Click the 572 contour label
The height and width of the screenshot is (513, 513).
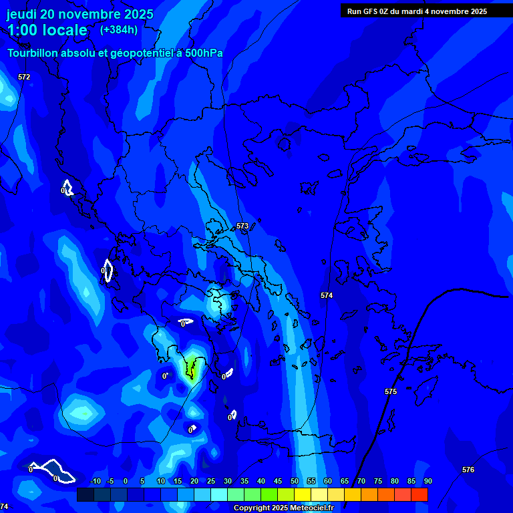click(24, 77)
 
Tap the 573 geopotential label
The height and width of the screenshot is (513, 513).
click(242, 226)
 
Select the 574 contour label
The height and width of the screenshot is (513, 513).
click(326, 295)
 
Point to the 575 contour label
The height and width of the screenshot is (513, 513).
click(391, 391)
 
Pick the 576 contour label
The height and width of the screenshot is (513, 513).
click(468, 470)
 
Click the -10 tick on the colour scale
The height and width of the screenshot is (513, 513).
click(95, 482)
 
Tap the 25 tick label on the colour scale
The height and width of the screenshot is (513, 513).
click(211, 482)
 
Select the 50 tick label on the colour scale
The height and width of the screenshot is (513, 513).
click(295, 482)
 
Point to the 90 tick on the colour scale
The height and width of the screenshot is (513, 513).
click(427, 482)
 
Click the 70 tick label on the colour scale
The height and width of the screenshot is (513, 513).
click(361, 482)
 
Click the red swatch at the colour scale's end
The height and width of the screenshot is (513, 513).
click(419, 494)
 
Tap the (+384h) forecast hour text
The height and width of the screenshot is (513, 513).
click(119, 29)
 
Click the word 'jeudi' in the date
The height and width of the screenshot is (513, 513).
click(21, 14)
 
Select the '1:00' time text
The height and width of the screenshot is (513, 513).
click(21, 30)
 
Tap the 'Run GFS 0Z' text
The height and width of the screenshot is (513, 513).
click(369, 11)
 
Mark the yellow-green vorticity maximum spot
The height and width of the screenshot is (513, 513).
click(192, 366)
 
